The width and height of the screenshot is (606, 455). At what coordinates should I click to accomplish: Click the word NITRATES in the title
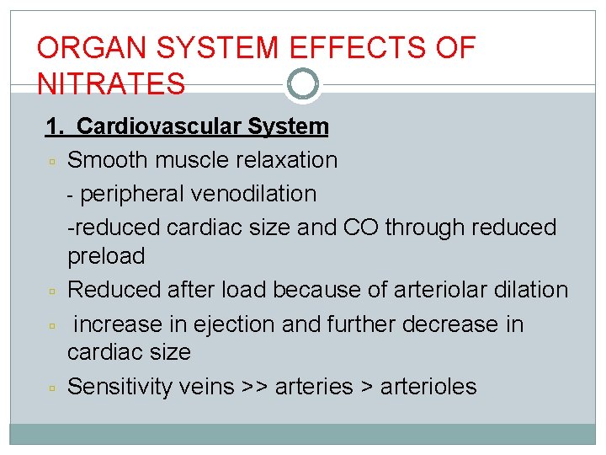pos(111,83)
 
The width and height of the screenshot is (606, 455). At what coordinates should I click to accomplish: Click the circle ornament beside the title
pos(303,83)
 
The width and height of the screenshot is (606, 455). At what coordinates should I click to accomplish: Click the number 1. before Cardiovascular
pos(55,126)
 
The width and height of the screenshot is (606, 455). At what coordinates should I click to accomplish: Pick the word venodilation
pos(253,193)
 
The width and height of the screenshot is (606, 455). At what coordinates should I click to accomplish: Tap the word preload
pos(106,255)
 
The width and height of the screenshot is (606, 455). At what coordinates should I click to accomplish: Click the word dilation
pos(527,289)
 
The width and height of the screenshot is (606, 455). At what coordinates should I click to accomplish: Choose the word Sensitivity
pos(120,386)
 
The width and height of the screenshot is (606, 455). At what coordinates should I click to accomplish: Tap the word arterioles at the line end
pos(428,386)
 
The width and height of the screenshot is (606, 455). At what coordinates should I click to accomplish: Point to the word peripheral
pos(133,193)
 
